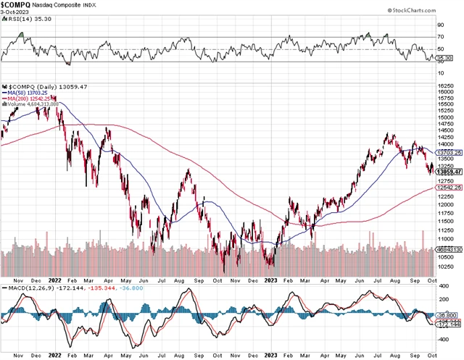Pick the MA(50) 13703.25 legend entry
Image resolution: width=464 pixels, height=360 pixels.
point(27,92)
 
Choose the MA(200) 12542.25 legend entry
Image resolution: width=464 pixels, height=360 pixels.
point(28,98)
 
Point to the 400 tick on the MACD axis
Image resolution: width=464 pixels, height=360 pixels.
point(440,287)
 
